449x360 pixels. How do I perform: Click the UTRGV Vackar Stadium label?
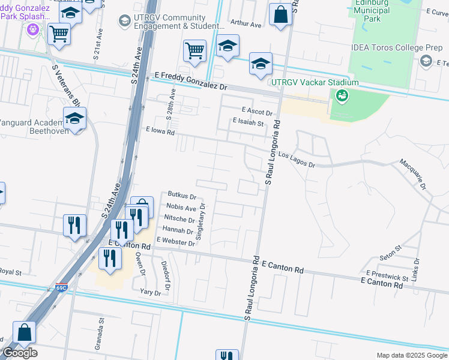(x=315, y=82)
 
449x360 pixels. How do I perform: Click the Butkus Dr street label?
(x=182, y=196)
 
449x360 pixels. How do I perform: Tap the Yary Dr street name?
(x=150, y=293)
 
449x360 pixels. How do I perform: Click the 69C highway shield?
(x=61, y=289)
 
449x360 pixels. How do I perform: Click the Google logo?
(x=20, y=353)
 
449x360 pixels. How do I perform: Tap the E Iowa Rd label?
(x=160, y=130)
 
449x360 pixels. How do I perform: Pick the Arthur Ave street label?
(x=246, y=25)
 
